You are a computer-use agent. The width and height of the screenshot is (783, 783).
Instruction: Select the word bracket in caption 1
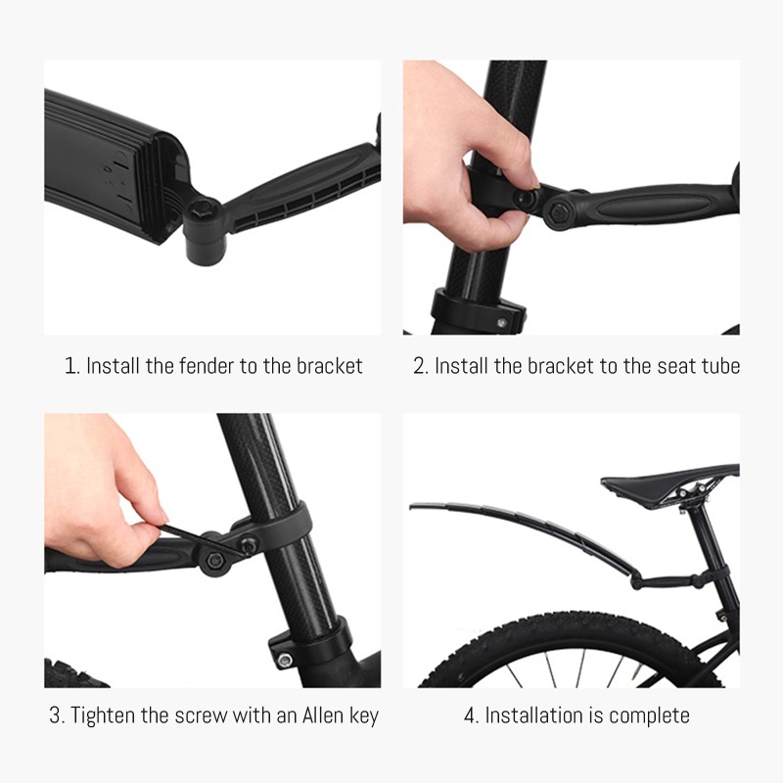tap(328, 366)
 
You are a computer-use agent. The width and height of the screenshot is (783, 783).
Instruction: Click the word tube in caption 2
tap(719, 366)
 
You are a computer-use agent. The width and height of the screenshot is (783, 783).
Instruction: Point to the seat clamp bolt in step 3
tap(284, 661)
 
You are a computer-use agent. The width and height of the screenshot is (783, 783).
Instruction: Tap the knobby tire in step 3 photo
tap(73, 674)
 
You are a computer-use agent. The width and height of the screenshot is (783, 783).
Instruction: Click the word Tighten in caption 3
tap(104, 715)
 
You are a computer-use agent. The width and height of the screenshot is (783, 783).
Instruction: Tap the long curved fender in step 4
tap(519, 529)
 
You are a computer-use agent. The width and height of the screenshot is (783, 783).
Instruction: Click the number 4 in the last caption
tap(469, 715)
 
